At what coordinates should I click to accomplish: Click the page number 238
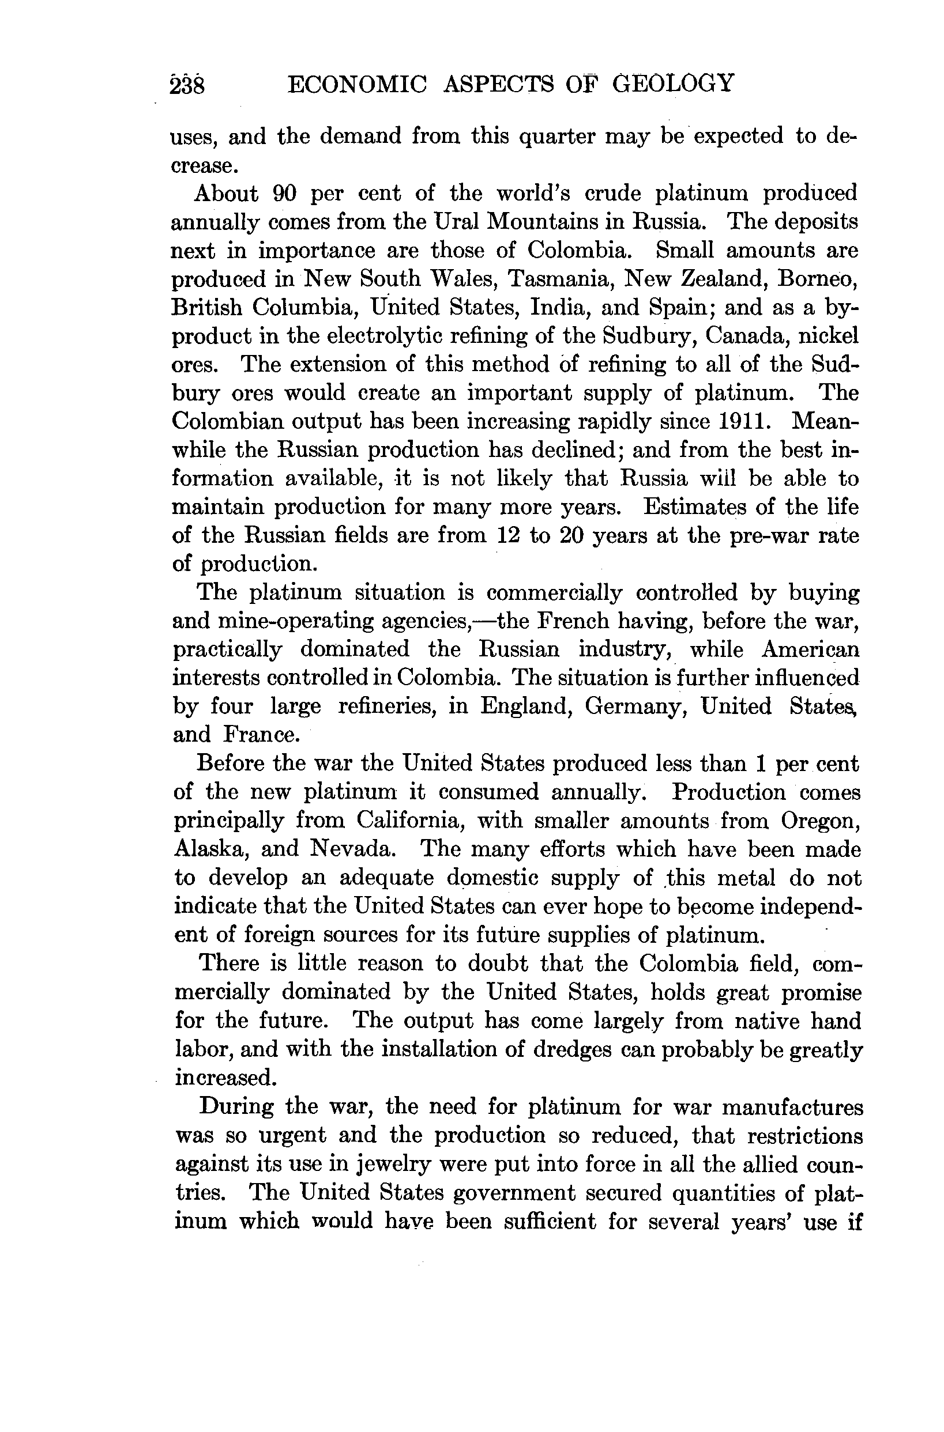pyautogui.click(x=188, y=85)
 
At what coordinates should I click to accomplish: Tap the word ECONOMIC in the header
pyautogui.click(x=357, y=84)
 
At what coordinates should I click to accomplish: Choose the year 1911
pyautogui.click(x=744, y=421)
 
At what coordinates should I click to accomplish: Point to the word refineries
pyautogui.click(x=387, y=706)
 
